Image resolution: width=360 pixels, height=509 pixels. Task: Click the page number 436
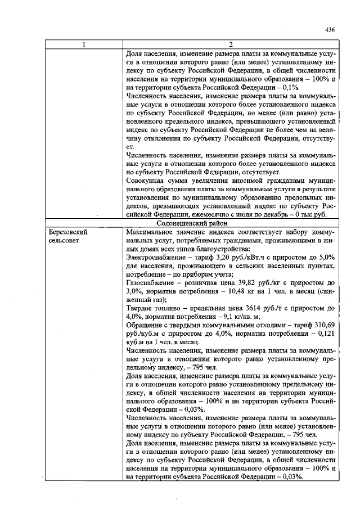[330, 30]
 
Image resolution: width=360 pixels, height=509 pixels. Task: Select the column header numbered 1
[84, 45]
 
